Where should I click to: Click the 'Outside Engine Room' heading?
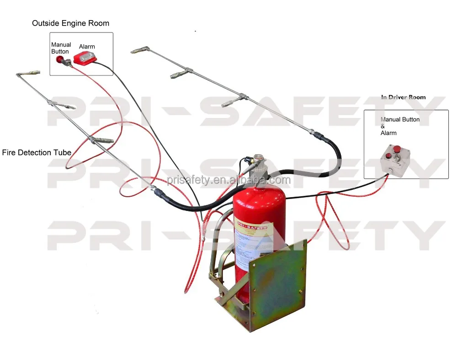pos(70,23)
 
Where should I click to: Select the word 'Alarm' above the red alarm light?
pos(87,47)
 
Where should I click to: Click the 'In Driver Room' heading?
pos(403,97)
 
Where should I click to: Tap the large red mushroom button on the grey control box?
pos(397,149)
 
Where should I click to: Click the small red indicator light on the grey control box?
pos(388,157)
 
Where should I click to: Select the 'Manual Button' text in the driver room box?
pos(400,120)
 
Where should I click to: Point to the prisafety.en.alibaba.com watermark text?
pos(228,180)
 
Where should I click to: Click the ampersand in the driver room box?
pos(383,126)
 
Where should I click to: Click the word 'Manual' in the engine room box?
pos(61,45)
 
